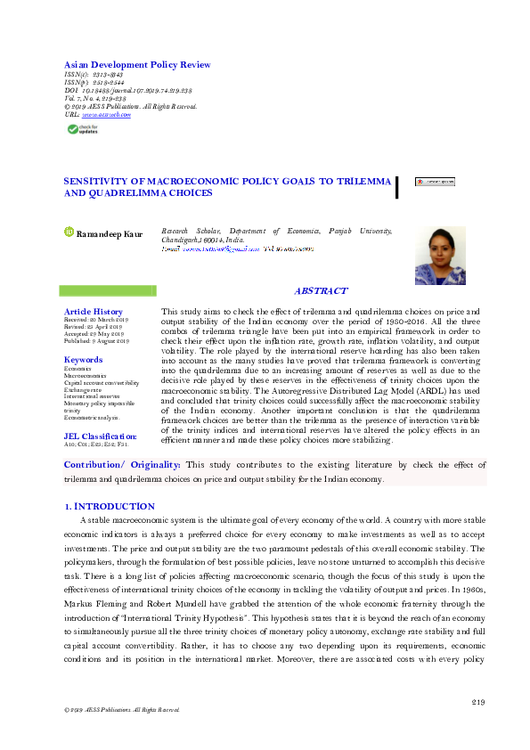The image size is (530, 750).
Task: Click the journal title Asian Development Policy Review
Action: point(137,65)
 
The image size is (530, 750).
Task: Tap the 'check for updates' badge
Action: point(86,129)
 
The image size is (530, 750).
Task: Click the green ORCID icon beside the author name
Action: point(69,233)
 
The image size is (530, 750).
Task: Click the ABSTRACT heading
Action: point(321,291)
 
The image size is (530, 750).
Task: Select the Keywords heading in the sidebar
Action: point(83,360)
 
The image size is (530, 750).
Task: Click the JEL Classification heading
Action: point(101,436)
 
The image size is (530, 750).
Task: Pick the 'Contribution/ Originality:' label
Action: point(122,465)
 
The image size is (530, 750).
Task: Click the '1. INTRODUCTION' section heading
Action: point(110,506)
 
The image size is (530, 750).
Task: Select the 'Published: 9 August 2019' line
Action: point(97,341)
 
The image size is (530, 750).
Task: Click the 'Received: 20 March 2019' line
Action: point(97,320)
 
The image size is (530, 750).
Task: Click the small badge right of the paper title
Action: point(435,181)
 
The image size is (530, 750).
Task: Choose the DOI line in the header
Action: point(128,91)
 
